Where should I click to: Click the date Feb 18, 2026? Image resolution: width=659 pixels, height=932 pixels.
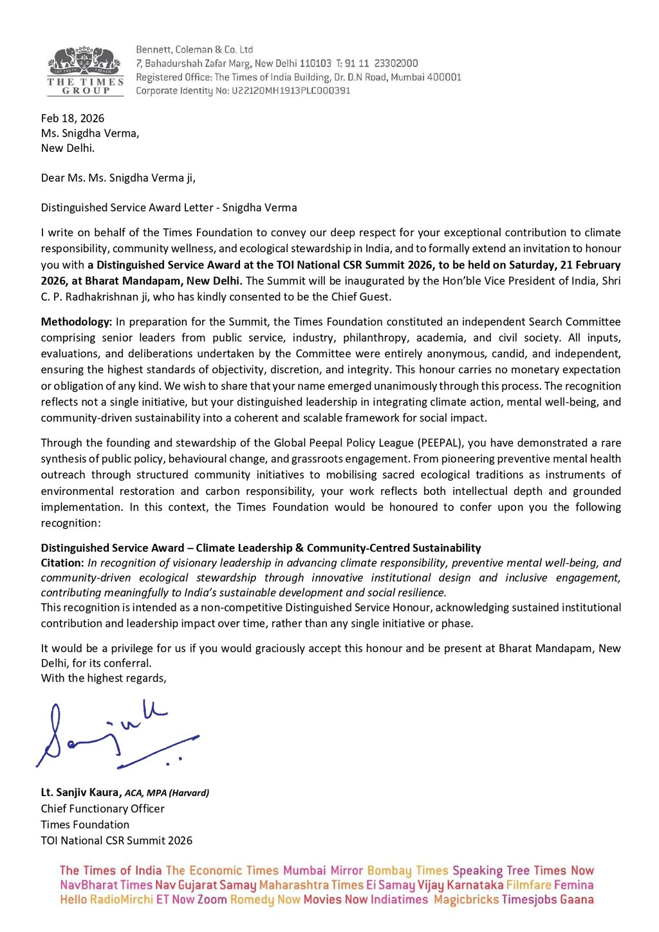click(x=73, y=118)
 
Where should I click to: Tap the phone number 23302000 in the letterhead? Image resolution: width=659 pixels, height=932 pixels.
click(x=396, y=63)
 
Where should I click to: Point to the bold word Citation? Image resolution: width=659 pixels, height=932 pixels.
click(x=62, y=563)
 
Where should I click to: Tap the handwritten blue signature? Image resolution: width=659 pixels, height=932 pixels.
click(x=116, y=735)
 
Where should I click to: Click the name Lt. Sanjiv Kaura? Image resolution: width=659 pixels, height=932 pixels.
click(x=80, y=792)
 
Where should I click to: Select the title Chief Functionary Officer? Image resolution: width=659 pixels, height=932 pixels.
click(x=103, y=808)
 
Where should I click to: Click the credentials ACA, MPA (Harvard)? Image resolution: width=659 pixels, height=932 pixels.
click(x=167, y=793)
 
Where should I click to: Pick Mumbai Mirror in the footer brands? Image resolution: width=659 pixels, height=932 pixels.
click(x=323, y=871)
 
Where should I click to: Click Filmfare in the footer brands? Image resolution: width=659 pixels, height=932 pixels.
click(x=528, y=885)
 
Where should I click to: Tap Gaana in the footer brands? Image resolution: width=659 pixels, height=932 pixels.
click(x=576, y=900)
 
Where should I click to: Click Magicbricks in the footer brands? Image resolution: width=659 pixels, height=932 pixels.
click(x=466, y=900)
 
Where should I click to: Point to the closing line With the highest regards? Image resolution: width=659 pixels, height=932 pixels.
click(x=104, y=678)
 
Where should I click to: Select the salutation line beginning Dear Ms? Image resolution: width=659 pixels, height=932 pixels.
click(x=118, y=178)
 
